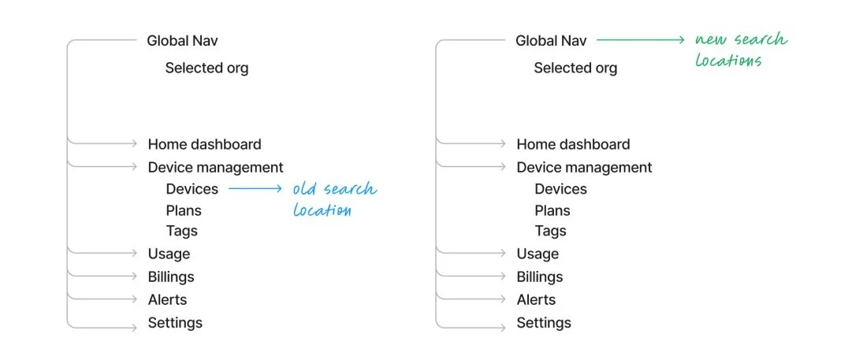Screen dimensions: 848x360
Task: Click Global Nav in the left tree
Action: click(x=181, y=41)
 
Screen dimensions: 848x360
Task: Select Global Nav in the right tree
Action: click(x=550, y=41)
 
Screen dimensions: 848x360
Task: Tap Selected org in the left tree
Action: click(x=206, y=69)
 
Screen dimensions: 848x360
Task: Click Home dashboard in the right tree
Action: click(x=573, y=144)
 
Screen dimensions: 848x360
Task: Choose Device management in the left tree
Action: click(x=215, y=167)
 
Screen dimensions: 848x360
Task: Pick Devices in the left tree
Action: click(x=192, y=189)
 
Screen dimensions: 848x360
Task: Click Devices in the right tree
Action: click(x=560, y=189)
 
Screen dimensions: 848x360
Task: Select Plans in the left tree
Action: click(x=184, y=210)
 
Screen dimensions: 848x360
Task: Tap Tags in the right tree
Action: click(x=550, y=231)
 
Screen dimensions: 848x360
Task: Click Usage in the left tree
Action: click(x=169, y=254)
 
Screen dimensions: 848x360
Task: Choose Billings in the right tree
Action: click(x=539, y=276)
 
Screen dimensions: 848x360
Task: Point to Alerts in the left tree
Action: click(x=167, y=299)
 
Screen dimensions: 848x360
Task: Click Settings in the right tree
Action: click(x=544, y=323)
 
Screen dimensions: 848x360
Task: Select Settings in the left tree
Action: click(x=175, y=323)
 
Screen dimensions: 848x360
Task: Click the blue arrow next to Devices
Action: click(x=255, y=189)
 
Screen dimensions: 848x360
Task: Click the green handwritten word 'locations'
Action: click(x=728, y=61)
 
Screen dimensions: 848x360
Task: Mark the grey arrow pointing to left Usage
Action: click(x=102, y=254)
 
